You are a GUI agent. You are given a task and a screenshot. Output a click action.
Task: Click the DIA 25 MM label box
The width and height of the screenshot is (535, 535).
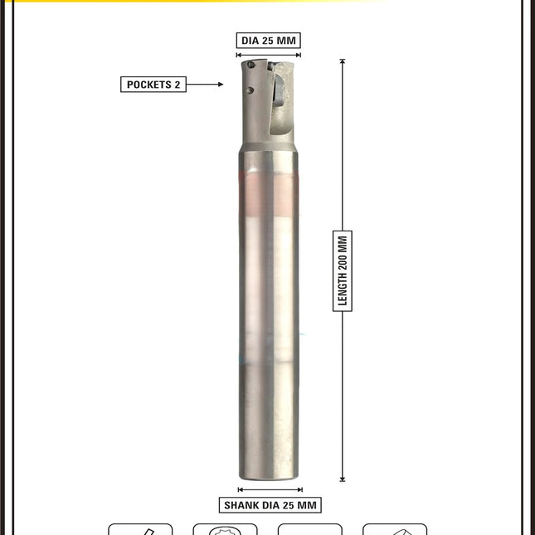click(x=268, y=41)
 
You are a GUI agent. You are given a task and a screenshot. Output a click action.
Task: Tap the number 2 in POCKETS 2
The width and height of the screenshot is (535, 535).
click(x=177, y=85)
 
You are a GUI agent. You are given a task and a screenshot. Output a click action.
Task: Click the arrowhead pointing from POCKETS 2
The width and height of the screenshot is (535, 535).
click(x=221, y=85)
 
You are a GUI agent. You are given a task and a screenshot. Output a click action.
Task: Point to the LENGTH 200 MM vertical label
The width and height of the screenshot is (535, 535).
click(x=343, y=271)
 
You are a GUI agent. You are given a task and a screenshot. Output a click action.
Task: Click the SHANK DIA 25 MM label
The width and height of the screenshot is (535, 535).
click(x=270, y=505)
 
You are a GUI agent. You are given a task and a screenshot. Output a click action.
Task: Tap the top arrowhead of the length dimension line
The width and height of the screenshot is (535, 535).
click(x=343, y=61)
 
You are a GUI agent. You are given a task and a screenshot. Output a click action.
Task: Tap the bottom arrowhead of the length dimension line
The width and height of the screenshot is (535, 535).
click(x=343, y=479)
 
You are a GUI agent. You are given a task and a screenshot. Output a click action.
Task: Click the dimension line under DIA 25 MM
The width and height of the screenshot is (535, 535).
click(x=268, y=55)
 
